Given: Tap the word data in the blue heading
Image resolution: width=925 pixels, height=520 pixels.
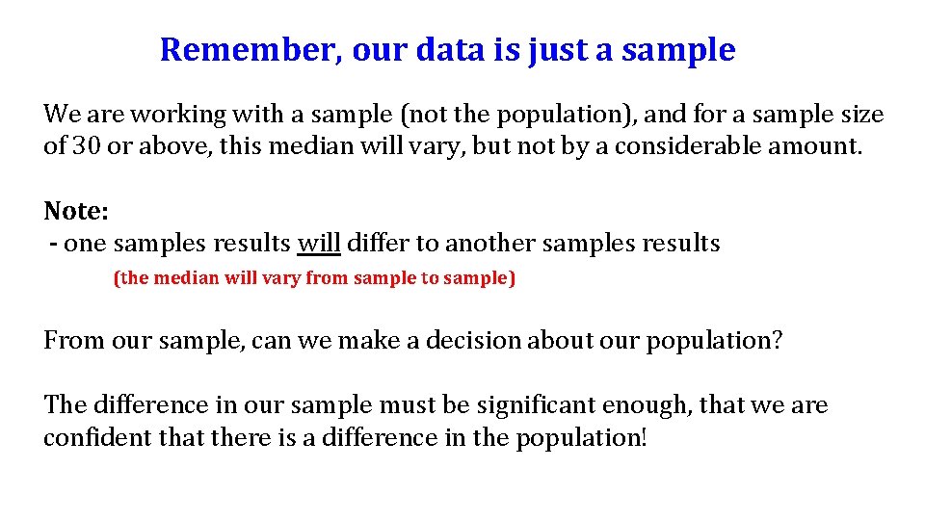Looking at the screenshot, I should click(x=451, y=49).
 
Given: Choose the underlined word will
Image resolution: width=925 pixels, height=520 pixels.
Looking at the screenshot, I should click(x=319, y=243).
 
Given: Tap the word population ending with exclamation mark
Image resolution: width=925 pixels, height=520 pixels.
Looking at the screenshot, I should click(x=583, y=438).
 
